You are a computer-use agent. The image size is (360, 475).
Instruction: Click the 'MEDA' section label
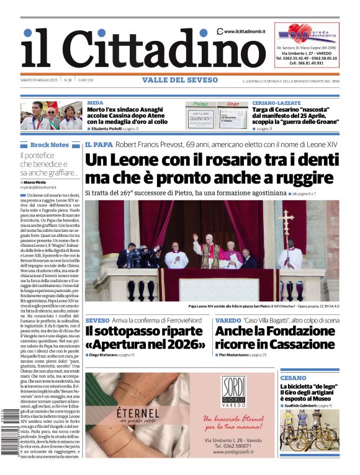coord(95,102)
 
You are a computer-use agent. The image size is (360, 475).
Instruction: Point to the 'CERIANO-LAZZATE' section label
coord(276,102)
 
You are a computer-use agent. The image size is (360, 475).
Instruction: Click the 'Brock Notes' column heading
coord(49,144)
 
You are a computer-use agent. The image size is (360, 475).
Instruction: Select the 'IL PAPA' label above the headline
coord(99,144)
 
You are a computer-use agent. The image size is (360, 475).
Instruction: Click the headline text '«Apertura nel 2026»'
coord(144,344)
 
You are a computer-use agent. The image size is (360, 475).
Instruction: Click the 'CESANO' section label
coord(292,378)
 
